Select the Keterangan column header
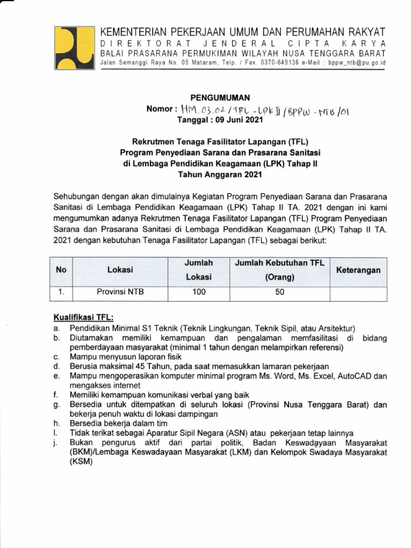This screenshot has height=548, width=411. [x=358, y=270]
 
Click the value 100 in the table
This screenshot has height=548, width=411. [x=199, y=292]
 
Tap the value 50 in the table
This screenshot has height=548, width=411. [x=280, y=292]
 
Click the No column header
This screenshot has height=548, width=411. [x=61, y=270]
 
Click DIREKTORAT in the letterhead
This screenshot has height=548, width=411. [x=136, y=43]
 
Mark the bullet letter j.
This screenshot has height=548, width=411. [x=56, y=443]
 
